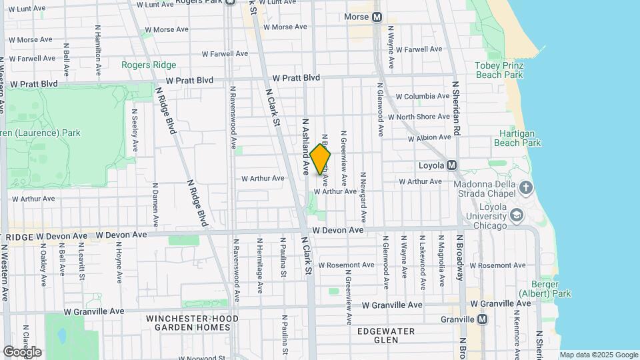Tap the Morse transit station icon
coord(377,17)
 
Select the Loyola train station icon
coord(451,165)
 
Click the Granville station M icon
coord(482,319)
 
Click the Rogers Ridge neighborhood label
coord(149,65)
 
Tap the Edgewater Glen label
coord(386,335)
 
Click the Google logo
coord(22,351)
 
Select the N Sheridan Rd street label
coord(457,109)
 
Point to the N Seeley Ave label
coord(135,130)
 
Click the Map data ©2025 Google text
coord(598,355)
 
